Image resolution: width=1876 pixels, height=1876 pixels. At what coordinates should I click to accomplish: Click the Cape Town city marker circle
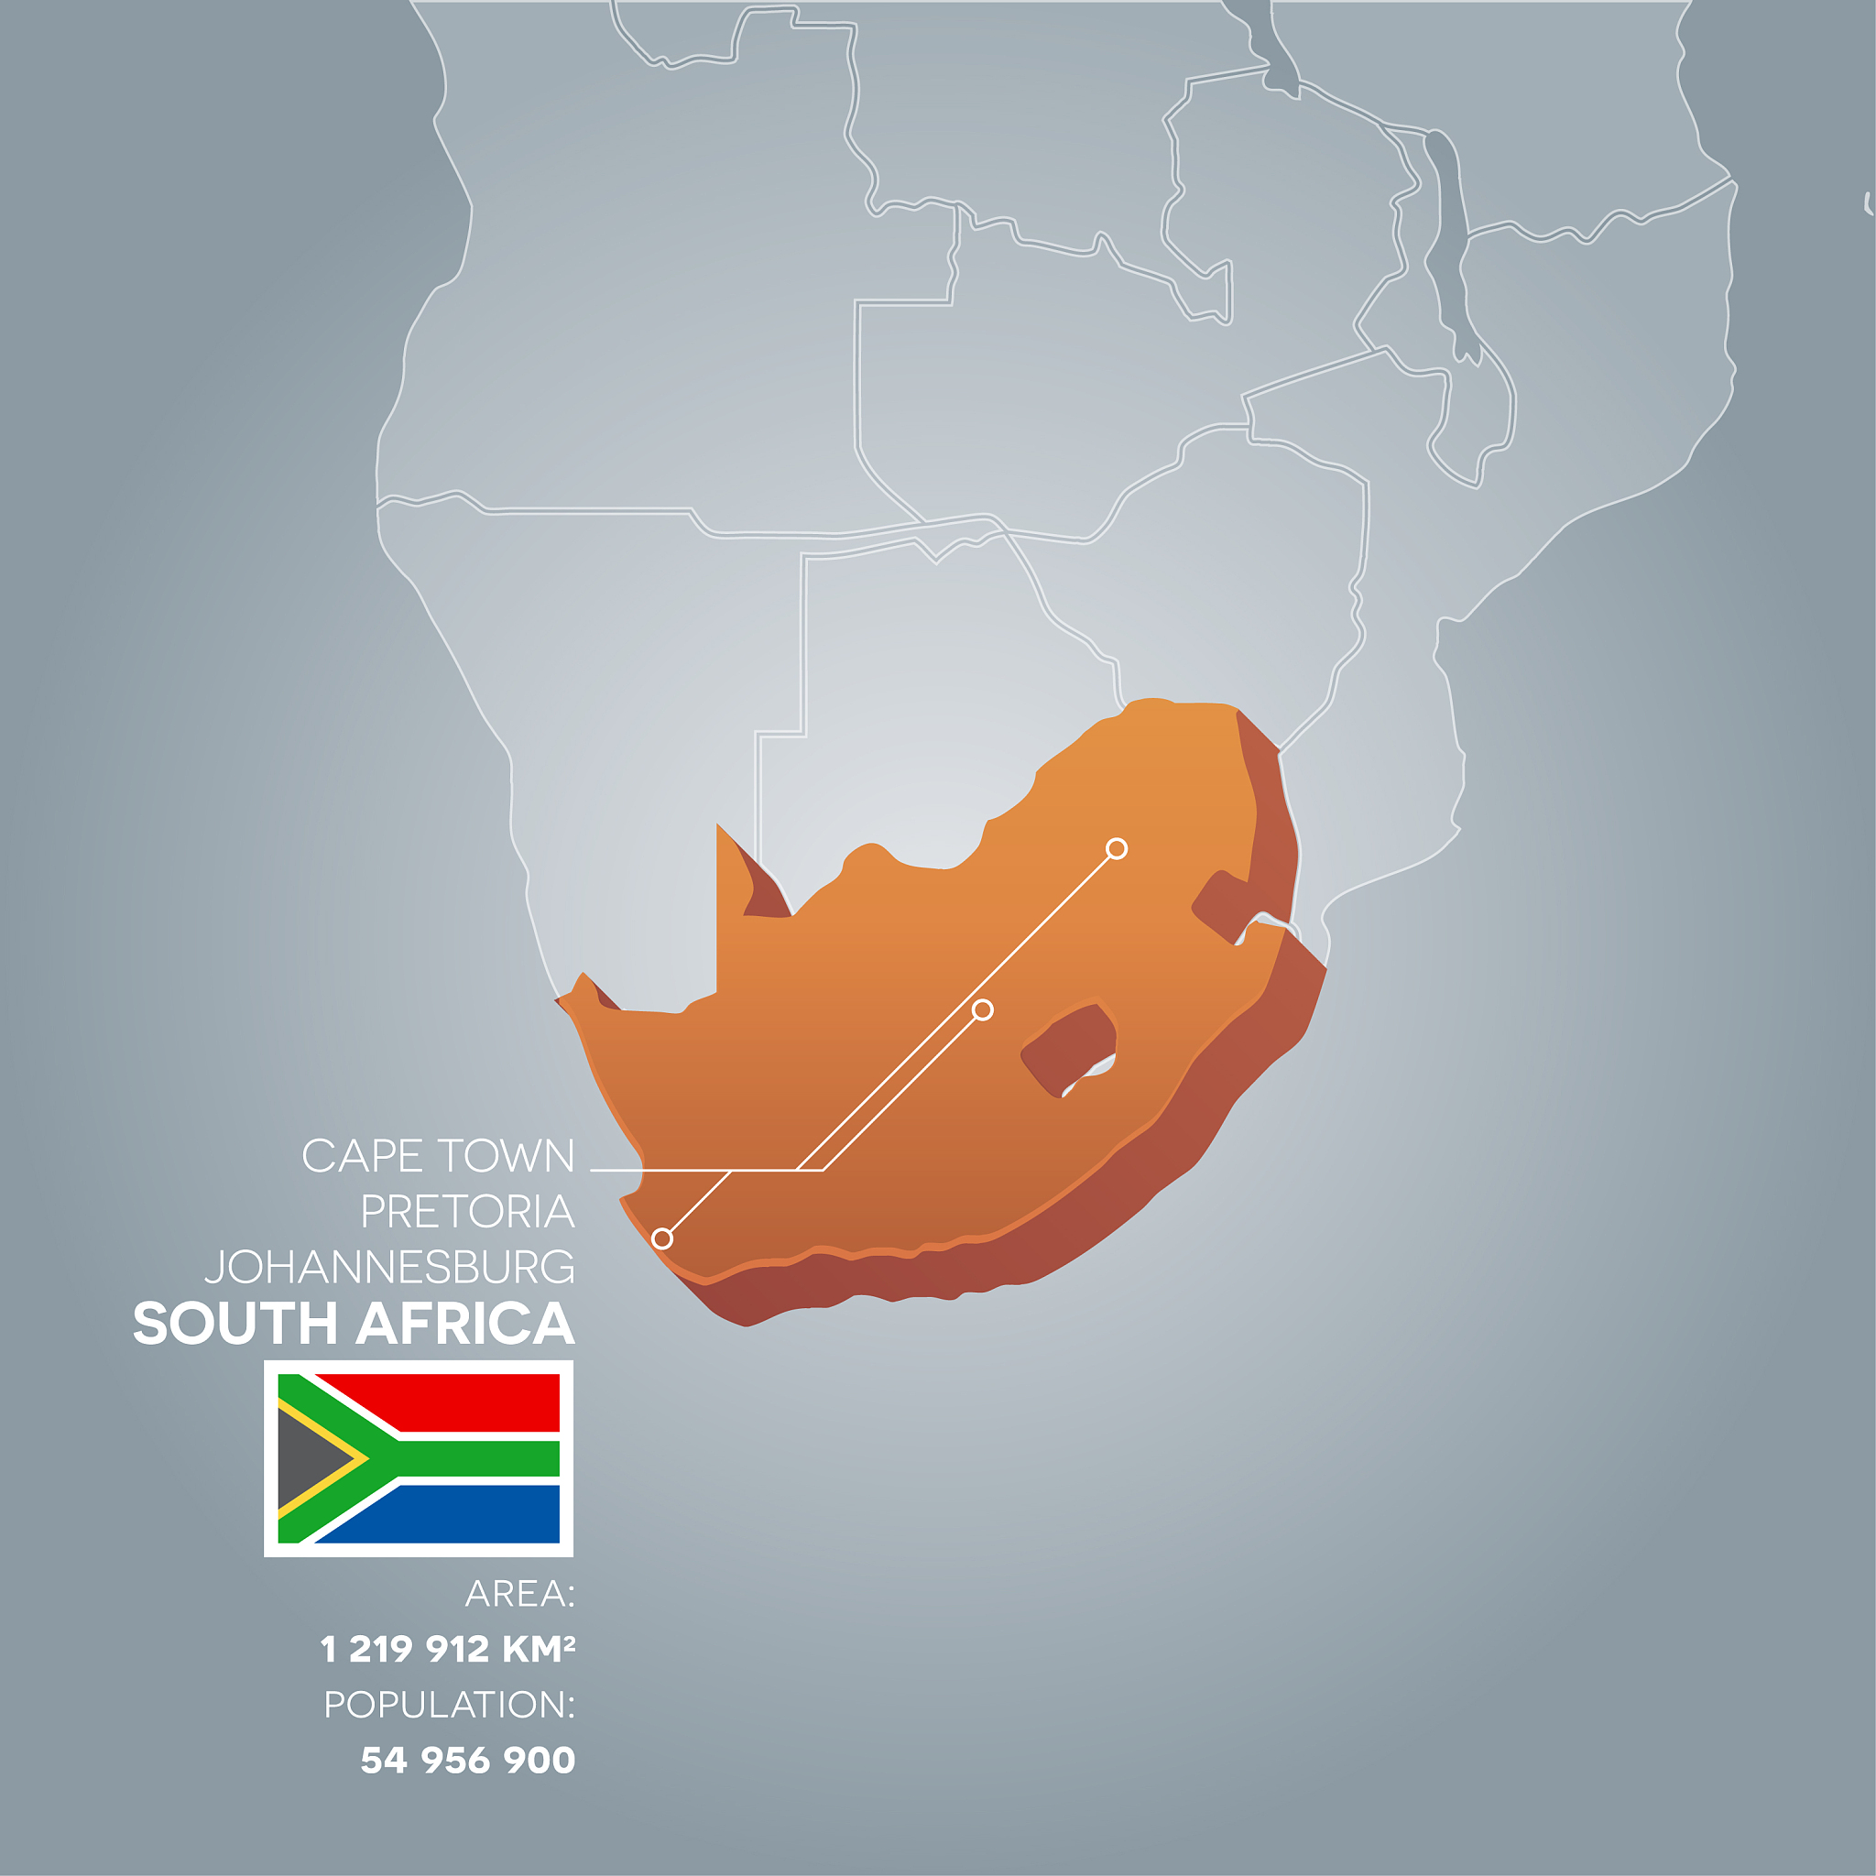click(x=662, y=1238)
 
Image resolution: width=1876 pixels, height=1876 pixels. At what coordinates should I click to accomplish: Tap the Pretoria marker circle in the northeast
click(x=1117, y=848)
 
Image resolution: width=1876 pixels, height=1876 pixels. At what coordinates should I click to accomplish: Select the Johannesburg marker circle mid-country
click(x=983, y=1009)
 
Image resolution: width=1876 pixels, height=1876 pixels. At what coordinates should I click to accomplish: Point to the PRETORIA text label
click(x=467, y=1212)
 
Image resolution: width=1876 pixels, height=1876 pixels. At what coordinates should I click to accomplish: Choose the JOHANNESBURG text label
click(x=389, y=1267)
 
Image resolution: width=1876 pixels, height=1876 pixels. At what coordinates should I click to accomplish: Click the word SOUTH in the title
click(x=233, y=1325)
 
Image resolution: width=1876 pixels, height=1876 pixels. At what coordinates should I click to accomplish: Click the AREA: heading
click(x=519, y=1594)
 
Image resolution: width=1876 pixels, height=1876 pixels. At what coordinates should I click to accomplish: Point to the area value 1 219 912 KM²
click(x=448, y=1649)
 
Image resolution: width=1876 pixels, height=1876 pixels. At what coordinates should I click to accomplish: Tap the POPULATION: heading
click(x=449, y=1704)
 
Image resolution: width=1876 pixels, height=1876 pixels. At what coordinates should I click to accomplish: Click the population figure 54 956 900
click(x=467, y=1760)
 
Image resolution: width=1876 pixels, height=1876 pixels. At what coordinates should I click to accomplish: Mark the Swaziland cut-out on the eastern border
click(x=1226, y=902)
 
